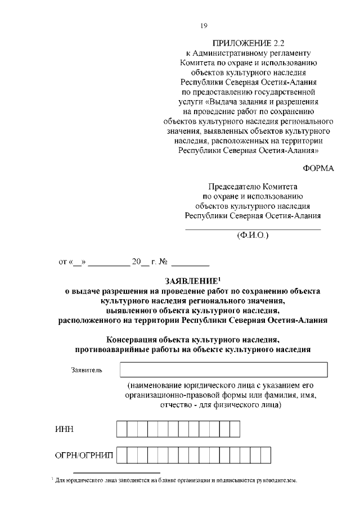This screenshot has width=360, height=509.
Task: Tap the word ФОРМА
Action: coord(318,169)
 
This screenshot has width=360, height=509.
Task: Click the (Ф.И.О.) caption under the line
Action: coord(253,235)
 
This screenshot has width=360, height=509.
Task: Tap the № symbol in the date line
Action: coord(165,262)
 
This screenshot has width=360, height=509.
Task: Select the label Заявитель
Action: coord(87,370)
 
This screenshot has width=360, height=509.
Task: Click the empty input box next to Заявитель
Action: coord(224,370)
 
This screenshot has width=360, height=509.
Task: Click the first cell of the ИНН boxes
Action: coord(121,429)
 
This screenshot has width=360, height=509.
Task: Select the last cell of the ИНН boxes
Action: coord(235,429)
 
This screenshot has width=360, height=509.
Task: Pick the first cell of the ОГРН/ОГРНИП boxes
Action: coord(121,455)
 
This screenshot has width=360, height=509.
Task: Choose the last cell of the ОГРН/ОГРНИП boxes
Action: coord(266,455)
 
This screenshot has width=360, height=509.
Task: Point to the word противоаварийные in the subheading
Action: coord(115,349)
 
